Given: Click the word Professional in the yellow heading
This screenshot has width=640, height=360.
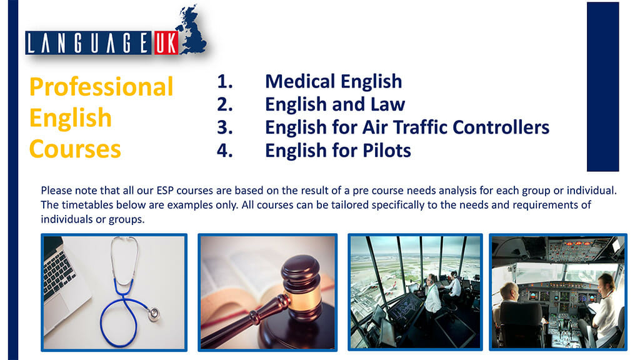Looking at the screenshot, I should click(101, 87).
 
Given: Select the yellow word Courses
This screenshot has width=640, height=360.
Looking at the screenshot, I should click(75, 149).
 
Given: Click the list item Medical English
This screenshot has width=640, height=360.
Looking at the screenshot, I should click(333, 81).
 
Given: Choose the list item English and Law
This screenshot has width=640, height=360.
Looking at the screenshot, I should click(335, 104).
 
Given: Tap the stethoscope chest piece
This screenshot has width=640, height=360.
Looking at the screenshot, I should click(151, 314).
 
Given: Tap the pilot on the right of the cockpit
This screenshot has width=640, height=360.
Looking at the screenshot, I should click(604, 306).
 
